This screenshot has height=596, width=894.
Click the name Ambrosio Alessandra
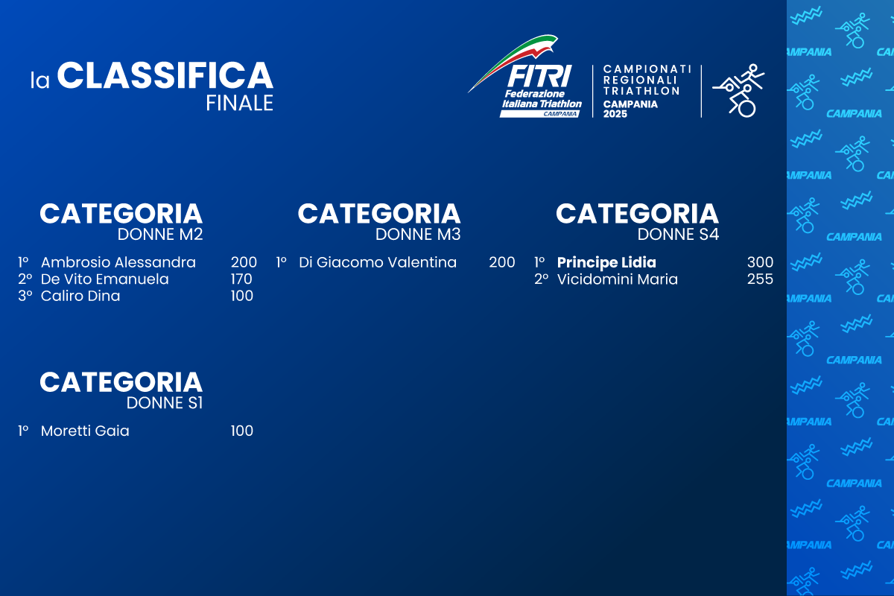(118, 262)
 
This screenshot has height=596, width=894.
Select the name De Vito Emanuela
(105, 279)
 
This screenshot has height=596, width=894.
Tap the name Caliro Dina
(80, 296)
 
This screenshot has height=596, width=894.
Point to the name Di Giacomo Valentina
(378, 262)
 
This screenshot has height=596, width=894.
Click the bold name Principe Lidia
(606, 262)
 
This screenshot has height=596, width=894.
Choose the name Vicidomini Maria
(618, 279)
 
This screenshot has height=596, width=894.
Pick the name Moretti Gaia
(85, 431)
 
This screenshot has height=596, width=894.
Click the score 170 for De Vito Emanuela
(241, 279)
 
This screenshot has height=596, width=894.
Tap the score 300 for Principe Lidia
(760, 262)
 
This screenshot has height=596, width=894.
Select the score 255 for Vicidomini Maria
(760, 279)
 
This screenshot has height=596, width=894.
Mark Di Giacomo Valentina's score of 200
(502, 262)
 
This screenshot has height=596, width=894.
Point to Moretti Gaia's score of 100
(242, 431)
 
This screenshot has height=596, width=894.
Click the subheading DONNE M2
(160, 235)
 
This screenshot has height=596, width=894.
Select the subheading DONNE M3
(418, 235)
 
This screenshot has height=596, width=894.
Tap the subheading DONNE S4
(678, 235)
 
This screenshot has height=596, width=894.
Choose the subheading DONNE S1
(165, 403)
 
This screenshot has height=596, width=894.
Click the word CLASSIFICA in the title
(165, 76)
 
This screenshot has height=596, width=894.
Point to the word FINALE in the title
(240, 103)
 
